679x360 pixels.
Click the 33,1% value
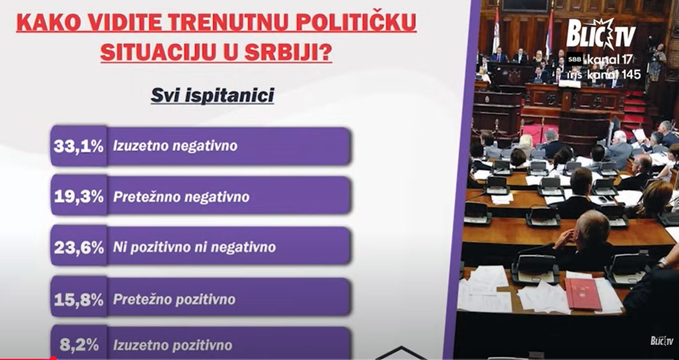point(79,146)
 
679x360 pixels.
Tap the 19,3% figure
point(79,197)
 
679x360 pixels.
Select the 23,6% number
point(79,248)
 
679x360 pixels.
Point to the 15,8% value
point(79,299)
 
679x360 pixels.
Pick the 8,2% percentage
point(79,345)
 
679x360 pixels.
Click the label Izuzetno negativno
point(175,146)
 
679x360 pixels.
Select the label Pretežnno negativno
point(181,197)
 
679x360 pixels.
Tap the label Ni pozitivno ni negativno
point(194,248)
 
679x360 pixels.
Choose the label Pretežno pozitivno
point(174,299)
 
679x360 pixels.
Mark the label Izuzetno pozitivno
point(173,345)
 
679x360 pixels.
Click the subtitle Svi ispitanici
point(213,95)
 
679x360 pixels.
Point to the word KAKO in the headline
point(48,23)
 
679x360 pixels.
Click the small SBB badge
point(575,59)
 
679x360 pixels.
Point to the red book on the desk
point(583,294)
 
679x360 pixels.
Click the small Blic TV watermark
point(662,341)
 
